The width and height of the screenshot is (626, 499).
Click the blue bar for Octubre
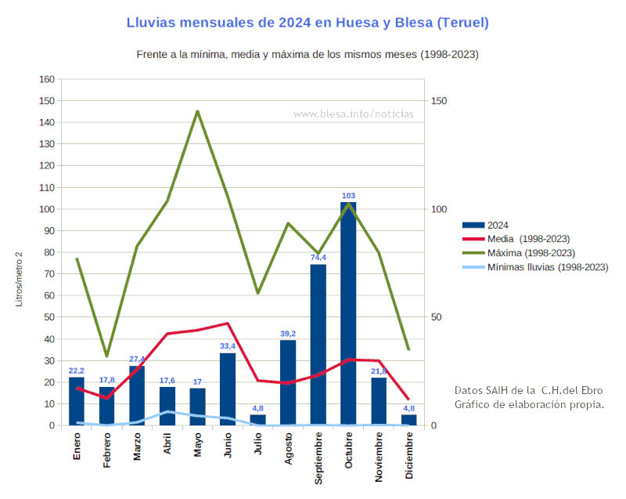(348, 313)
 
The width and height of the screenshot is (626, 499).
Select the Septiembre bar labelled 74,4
(318, 345)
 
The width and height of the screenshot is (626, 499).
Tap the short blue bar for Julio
(257, 420)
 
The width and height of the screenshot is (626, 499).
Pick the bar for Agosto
(288, 382)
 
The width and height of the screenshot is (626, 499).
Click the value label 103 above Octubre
(348, 196)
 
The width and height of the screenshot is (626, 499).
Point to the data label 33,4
(228, 346)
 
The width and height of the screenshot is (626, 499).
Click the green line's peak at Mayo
(197, 111)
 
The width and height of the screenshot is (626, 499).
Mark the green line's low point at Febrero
(106, 356)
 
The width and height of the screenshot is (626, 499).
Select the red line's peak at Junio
(228, 324)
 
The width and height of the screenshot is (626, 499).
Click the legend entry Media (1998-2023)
(516, 239)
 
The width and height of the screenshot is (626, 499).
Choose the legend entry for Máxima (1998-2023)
(519, 253)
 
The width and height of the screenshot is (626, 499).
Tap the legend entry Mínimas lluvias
(535, 267)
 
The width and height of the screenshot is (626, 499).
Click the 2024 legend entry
(485, 226)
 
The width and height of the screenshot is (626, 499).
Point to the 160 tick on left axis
(47, 79)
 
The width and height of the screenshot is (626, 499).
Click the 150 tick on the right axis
(439, 101)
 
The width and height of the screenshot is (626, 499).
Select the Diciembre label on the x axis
(408, 455)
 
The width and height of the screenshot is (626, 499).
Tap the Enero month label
(77, 446)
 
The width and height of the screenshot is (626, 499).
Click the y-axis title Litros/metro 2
(19, 279)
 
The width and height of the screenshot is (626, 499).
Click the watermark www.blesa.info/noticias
(354, 114)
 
